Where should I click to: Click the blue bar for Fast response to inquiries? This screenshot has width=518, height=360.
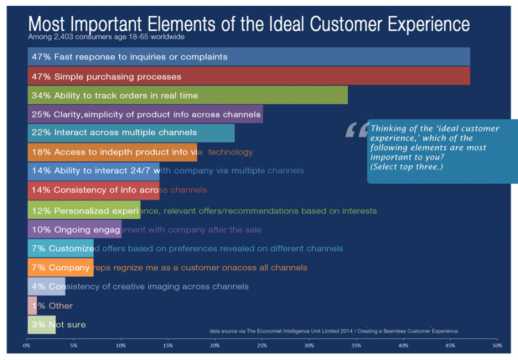point(249,57)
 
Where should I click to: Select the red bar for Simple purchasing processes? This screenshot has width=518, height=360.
point(249,76)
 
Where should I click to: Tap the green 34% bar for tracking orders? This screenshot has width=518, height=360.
point(188,95)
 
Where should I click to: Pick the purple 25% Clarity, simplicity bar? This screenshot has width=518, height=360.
point(145,114)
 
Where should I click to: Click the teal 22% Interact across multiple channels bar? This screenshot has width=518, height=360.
point(131,133)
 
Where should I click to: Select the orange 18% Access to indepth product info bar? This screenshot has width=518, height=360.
point(112,152)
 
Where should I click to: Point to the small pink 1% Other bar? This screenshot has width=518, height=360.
point(32,305)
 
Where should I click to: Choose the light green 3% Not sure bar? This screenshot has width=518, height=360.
point(41,324)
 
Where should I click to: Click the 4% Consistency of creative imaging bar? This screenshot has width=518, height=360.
point(46,286)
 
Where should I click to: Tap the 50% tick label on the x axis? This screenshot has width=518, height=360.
point(497,346)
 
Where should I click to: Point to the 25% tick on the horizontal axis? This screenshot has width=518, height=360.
point(262,346)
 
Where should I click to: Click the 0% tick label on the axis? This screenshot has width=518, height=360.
point(27,346)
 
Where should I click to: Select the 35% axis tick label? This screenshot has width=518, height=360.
point(356,346)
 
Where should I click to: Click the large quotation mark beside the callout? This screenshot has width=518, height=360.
point(356,130)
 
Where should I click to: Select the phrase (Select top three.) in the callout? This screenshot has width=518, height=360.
point(406,167)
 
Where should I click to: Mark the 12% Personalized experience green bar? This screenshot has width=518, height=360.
point(83,210)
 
